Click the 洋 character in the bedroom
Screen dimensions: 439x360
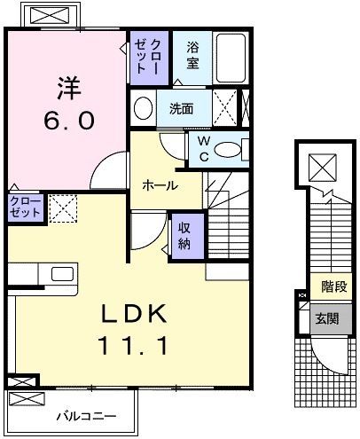coord(70,89)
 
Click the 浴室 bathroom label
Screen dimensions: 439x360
coord(192,58)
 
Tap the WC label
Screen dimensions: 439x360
coord(202,146)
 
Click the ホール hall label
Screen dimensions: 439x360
coord(160,185)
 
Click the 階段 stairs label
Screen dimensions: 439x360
coord(334,287)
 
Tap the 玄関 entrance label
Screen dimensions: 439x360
coord(328,317)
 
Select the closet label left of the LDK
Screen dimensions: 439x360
coord(25,208)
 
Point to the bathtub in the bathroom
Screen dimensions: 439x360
coord(231,59)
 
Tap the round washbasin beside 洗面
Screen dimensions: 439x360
coord(142,108)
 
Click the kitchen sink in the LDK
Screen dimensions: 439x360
coord(63,272)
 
